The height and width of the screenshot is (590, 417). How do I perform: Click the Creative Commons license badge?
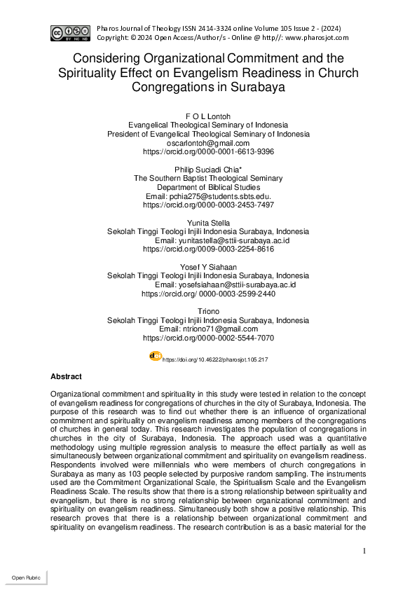coord(68,32)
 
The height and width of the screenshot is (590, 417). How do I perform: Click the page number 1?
coord(364,551)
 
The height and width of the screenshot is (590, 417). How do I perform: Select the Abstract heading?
coord(66,377)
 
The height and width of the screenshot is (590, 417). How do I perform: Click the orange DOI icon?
coord(156,356)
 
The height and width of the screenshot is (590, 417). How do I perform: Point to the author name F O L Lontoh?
coord(208,115)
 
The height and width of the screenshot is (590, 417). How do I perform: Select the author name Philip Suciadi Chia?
coord(208,170)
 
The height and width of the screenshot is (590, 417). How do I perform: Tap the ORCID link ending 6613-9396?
coord(208,151)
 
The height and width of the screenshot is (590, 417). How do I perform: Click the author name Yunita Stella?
coord(208,223)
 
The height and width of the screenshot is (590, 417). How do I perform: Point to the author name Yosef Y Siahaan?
coord(208,267)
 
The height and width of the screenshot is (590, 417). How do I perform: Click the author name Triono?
coord(208,311)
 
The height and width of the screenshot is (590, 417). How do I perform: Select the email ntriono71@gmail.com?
coord(208,329)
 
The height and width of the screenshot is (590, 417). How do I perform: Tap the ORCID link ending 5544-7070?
coord(208,338)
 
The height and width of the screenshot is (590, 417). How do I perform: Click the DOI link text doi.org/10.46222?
coord(215,359)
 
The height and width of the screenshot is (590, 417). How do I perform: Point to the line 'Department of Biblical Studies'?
coord(208,187)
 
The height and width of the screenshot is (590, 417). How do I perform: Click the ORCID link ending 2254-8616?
coord(208,249)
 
